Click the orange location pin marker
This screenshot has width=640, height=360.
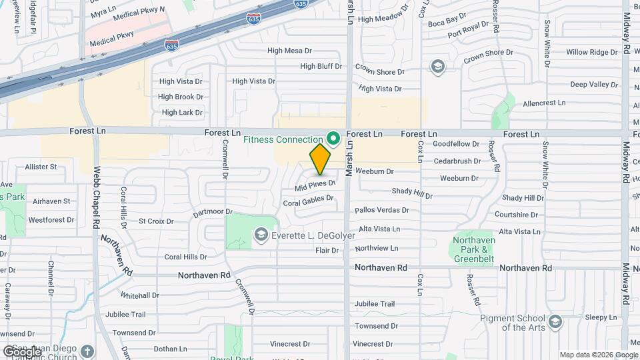coord(320,159)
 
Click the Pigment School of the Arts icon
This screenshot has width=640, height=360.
coord(555,323)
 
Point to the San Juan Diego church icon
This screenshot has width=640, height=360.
coord(87,351)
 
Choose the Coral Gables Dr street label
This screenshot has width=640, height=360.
coord(308,200)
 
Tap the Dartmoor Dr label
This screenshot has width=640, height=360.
coord(213,213)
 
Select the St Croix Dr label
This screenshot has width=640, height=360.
coord(155,221)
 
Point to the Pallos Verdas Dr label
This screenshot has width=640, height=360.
coord(381,210)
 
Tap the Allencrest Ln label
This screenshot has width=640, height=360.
coord(544,103)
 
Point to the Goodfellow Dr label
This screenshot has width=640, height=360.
coord(456,144)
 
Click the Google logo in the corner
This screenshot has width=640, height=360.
coord(22,351)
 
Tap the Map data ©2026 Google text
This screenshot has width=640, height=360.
coord(598,355)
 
